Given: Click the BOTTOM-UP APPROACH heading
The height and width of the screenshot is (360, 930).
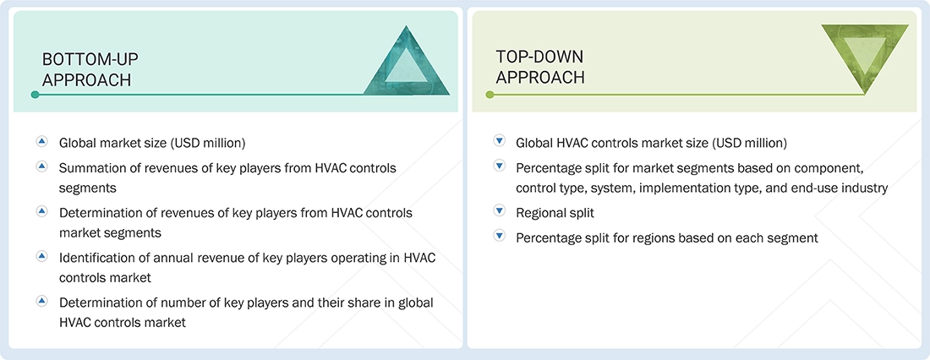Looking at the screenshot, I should tap(90, 69).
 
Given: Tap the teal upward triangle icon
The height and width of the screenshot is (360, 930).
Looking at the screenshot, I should tap(405, 61).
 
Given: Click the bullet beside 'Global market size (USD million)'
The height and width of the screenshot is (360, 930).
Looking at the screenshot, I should tap(41, 143).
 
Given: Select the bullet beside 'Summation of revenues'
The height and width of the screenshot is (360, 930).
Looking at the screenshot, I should tap(41, 167).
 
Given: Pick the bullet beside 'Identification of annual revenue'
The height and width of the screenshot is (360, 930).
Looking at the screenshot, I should tap(41, 255).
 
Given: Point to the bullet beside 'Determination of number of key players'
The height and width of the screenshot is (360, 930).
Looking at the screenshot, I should tap(41, 301).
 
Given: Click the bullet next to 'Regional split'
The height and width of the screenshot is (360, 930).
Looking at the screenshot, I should tap(499, 213).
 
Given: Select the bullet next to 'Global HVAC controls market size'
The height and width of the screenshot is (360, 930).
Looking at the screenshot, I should tap(499, 143).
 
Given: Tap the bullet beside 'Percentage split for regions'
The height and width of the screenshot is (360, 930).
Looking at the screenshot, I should tap(499, 237).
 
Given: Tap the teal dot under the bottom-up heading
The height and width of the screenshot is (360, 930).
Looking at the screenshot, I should tap(35, 95).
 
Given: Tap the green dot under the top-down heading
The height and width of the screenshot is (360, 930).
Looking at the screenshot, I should tap(489, 95).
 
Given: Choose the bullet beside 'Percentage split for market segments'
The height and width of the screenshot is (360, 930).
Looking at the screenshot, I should tap(499, 167).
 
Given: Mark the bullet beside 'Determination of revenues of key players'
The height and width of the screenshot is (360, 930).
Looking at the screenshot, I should tap(41, 211).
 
